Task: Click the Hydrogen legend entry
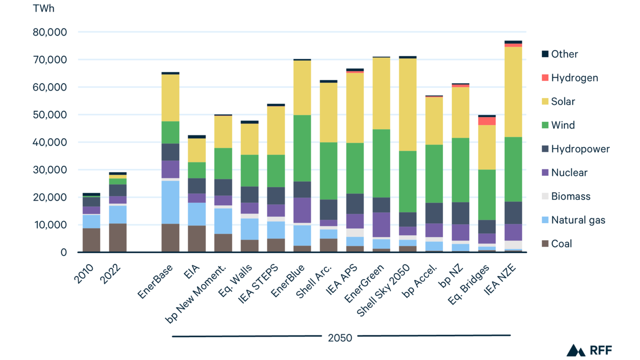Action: tap(574, 78)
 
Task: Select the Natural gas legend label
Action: tap(578, 220)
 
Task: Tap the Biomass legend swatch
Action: tap(545, 196)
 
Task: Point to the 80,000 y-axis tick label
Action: tap(50, 32)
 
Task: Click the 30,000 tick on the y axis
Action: tap(50, 170)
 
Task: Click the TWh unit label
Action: tap(43, 8)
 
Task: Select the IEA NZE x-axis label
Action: tap(500, 279)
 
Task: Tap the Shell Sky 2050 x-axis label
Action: tap(383, 290)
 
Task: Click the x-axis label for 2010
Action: tap(84, 274)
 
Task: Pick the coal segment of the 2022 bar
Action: tap(118, 237)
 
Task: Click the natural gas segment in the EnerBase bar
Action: tap(170, 202)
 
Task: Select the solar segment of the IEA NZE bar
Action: tap(513, 92)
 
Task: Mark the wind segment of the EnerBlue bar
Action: tap(302, 148)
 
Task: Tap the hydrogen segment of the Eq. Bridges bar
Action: tap(487, 121)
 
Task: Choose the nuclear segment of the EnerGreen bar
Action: tap(381, 225)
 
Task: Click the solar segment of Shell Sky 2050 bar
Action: tap(408, 105)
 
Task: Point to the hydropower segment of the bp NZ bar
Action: tap(460, 213)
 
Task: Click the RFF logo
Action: tap(589, 350)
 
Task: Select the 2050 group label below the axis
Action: tap(340, 338)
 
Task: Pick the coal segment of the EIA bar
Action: tap(197, 239)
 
